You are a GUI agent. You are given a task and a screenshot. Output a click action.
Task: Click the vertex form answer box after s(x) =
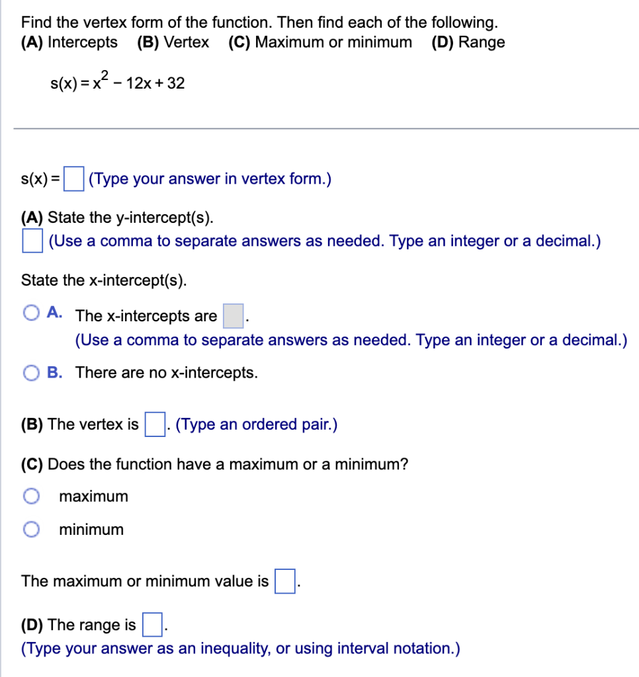point(73,179)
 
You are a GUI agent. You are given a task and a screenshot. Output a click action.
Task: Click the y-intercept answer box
point(32,240)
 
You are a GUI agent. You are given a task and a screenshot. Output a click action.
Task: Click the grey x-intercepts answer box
point(233,316)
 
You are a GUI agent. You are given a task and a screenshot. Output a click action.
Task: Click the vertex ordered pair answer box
point(154,424)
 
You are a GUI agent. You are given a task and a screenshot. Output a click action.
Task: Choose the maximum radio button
point(30,496)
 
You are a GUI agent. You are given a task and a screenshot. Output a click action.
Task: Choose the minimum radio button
point(30,529)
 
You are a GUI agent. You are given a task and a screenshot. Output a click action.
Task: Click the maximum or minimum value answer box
point(284,582)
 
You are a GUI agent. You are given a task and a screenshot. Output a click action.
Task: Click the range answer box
point(151,625)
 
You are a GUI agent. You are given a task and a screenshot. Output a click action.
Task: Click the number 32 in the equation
point(175,84)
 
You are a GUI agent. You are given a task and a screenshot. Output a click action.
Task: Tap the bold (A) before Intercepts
point(32,42)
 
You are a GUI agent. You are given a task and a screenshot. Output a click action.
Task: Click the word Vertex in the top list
point(186,42)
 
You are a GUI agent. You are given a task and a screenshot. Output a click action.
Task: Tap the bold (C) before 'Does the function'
point(32,464)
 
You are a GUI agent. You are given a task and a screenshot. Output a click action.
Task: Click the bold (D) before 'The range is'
point(32,625)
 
